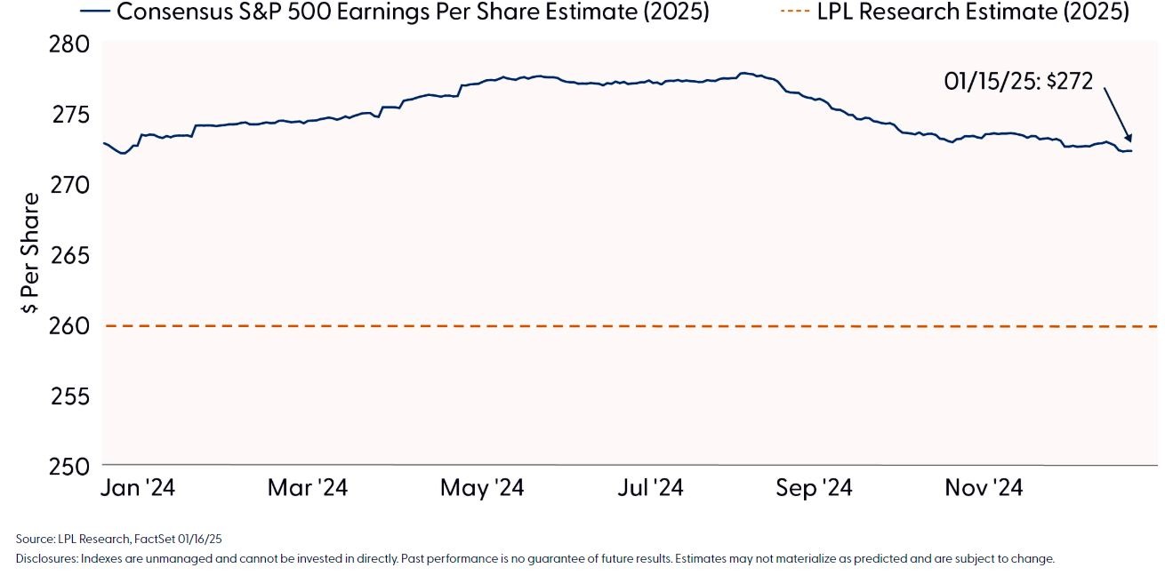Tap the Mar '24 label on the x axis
[307, 488]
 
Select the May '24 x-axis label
[483, 488]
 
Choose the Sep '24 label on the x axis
[813, 488]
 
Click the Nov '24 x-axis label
[983, 488]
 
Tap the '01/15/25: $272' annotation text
[1017, 81]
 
